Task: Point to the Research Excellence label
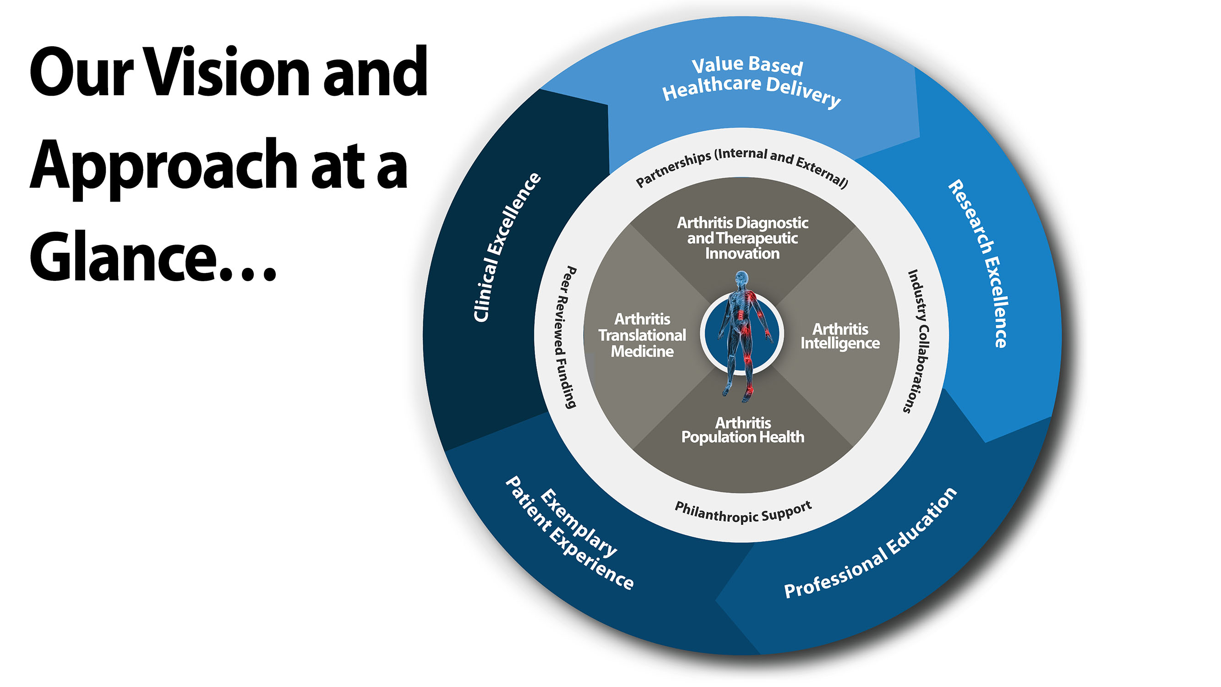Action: [x=979, y=263]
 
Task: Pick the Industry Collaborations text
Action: [x=918, y=341]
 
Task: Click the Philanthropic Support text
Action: [x=743, y=512]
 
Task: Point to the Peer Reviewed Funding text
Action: [x=567, y=337]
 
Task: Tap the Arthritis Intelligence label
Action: [x=840, y=336]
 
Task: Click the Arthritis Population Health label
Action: [x=743, y=430]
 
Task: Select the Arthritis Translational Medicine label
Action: [x=642, y=335]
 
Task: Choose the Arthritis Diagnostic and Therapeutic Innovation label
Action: [x=742, y=238]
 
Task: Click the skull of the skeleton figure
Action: [x=742, y=278]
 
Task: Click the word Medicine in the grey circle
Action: [x=642, y=351]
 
